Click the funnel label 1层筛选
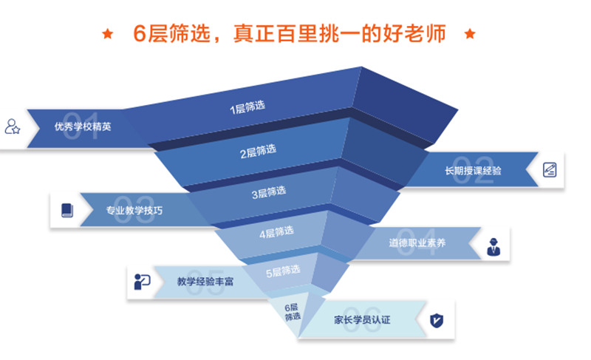pyautogui.click(x=247, y=108)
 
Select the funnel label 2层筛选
pyautogui.click(x=258, y=152)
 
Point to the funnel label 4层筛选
pyautogui.click(x=276, y=233)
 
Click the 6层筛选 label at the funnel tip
pyautogui.click(x=293, y=311)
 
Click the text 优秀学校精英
pyautogui.click(x=83, y=126)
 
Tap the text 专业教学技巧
pyautogui.click(x=134, y=211)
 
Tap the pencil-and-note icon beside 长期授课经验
pyautogui.click(x=550, y=169)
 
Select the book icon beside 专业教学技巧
pyautogui.click(x=66, y=210)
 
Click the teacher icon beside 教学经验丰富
pyautogui.click(x=142, y=281)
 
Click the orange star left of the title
pyautogui.click(x=108, y=33)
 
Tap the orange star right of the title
pyautogui.click(x=468, y=33)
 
